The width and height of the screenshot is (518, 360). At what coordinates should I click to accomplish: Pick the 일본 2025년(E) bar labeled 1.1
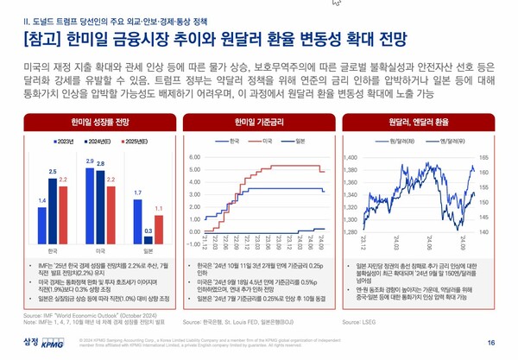coord(159,222)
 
